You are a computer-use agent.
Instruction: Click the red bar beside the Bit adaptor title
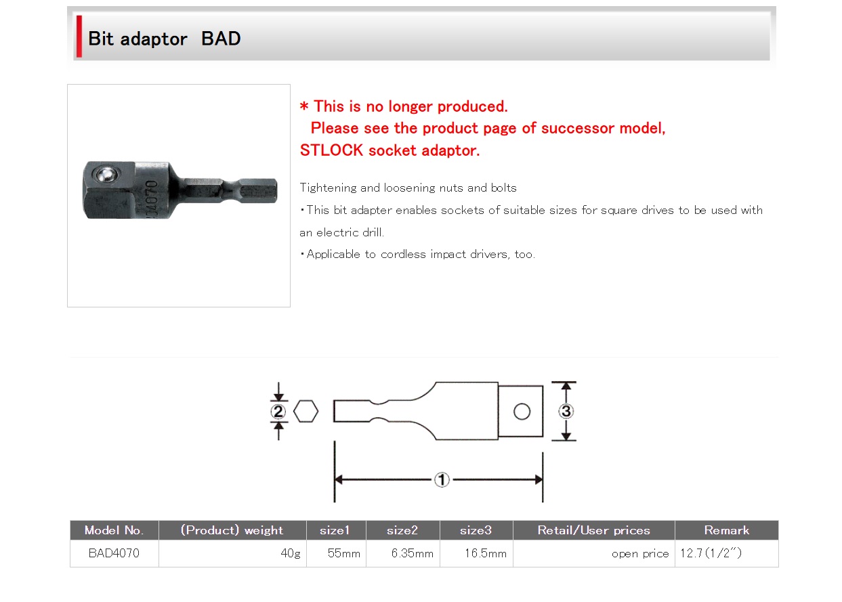pos(79,37)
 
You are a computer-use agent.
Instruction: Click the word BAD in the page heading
pos(221,39)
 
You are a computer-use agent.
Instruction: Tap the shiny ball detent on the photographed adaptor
pos(106,174)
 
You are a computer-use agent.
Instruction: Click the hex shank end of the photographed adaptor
pos(258,191)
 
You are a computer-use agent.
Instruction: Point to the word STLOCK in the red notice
pos(331,150)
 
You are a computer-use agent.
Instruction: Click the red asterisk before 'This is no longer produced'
pos(304,106)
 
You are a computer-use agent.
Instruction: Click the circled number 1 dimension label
pos(442,480)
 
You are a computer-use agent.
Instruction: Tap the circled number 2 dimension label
pos(278,412)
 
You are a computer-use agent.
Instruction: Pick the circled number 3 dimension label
pos(566,411)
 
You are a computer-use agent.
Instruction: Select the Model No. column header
pos(114,530)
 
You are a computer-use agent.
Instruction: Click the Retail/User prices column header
pos(593,530)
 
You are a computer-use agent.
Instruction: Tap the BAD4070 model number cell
pos(114,553)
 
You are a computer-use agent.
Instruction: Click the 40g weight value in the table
pos(291,553)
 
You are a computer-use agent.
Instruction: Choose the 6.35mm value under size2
pos(413,553)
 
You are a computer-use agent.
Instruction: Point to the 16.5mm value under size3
pos(486,553)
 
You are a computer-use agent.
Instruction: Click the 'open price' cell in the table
pos(640,554)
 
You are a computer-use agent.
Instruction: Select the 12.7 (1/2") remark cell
pos(711,553)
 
